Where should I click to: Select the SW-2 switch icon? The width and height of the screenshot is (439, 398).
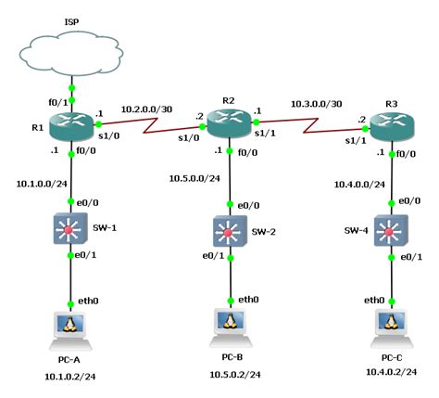pos(228,229)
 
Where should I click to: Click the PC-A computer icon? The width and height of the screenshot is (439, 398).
pos(71,326)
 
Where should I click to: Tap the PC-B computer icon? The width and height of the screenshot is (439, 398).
pos(228,323)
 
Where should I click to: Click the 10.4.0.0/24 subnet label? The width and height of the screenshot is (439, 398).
pos(357,184)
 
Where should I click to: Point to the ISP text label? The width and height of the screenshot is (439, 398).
pos(71,19)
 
